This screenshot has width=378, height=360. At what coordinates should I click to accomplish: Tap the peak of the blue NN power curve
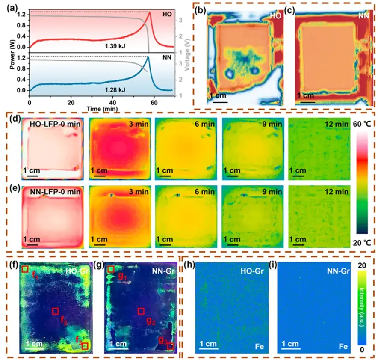coord(148,57)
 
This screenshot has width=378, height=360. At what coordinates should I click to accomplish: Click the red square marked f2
coord(55,311)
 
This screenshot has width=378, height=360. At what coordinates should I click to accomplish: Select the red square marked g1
coord(111,269)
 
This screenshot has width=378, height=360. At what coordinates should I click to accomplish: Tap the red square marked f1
coord(25,269)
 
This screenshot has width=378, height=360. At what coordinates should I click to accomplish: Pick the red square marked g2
coord(141,311)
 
